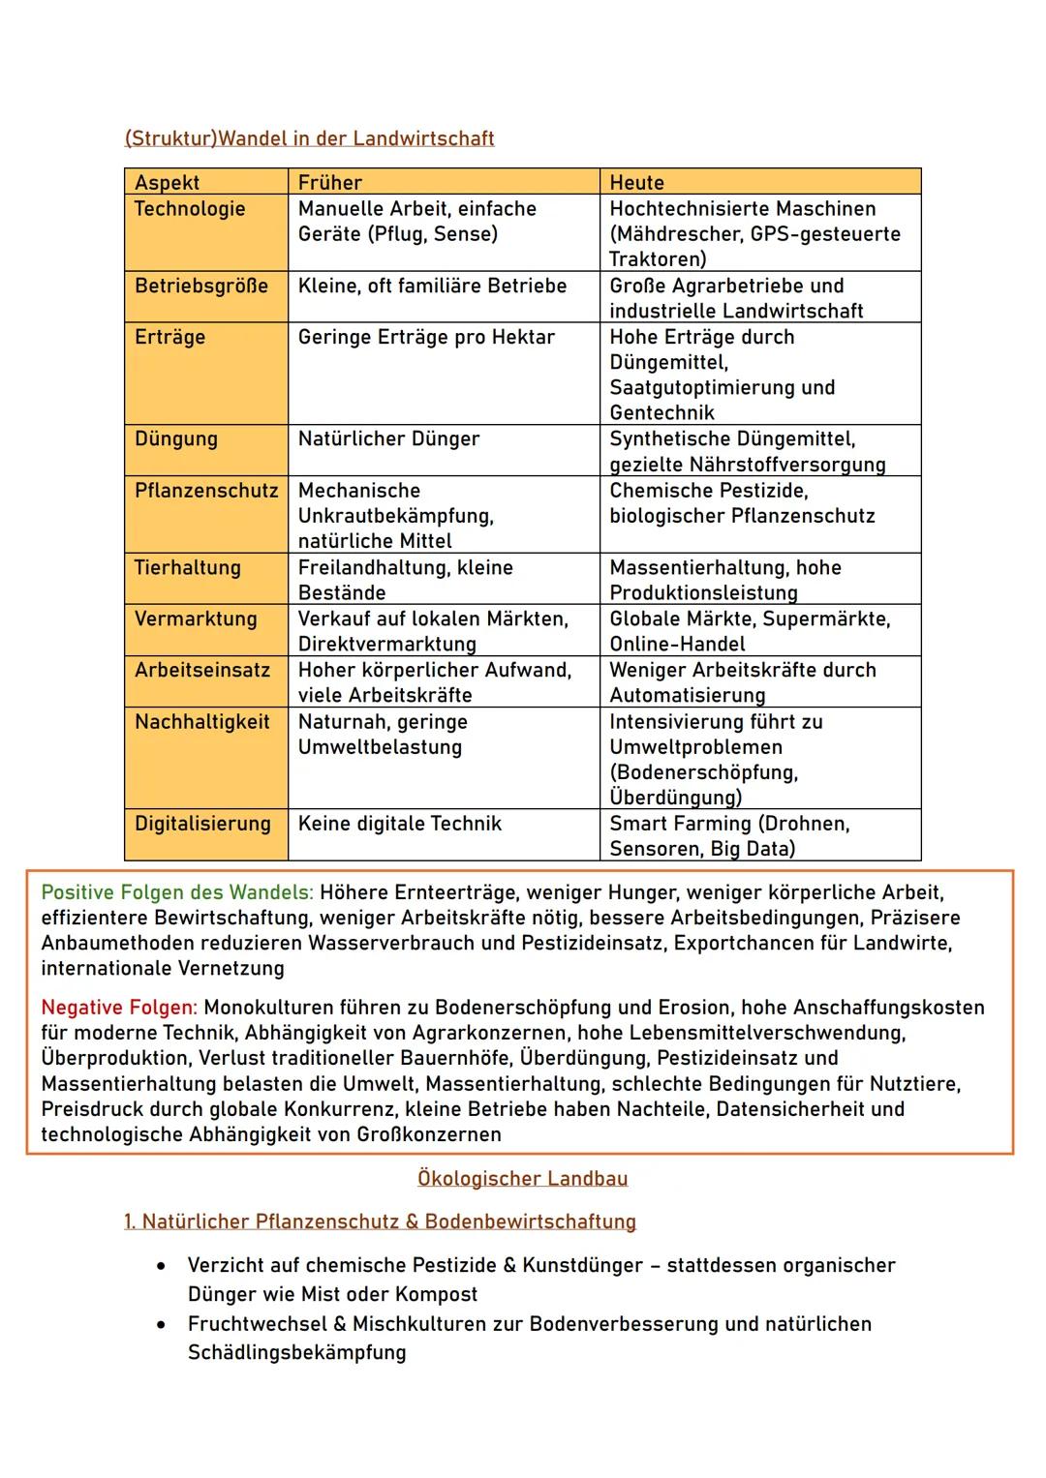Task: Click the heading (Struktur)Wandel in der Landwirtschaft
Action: [x=309, y=138]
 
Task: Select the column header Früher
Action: [x=329, y=182]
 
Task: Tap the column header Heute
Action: [x=636, y=182]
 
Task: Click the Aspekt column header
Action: [x=167, y=182]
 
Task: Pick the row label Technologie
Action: [x=190, y=208]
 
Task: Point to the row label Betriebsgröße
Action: [x=200, y=286]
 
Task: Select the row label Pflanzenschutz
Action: [x=205, y=490]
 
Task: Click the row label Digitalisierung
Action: [x=202, y=824]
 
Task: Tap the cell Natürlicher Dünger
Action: [x=388, y=438]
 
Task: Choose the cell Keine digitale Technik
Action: [x=399, y=824]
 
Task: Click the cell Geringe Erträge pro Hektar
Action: [x=426, y=337]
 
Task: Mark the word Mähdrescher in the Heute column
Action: [x=675, y=233]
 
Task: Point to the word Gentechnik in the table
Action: [x=661, y=412]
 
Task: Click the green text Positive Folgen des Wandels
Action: [x=177, y=892]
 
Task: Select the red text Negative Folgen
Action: [x=118, y=1008]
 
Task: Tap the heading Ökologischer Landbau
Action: [x=522, y=1178]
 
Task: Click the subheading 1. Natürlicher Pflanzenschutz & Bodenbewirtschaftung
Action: [x=380, y=1222]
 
